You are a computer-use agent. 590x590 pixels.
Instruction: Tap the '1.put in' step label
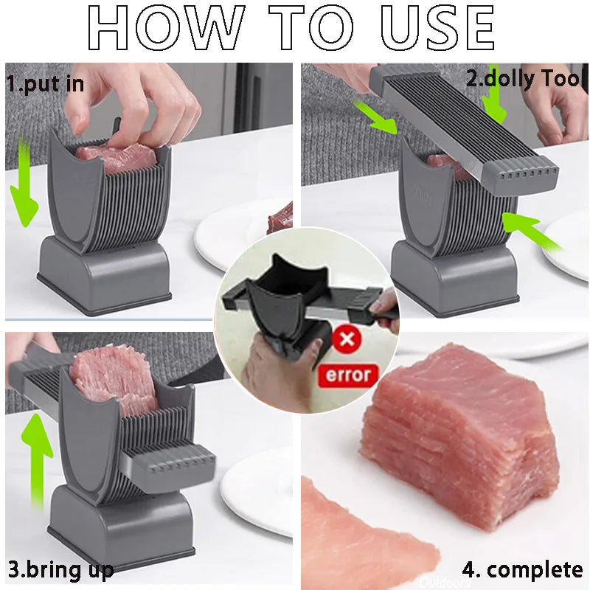click(45, 83)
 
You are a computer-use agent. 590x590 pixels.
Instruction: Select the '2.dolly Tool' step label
click(524, 78)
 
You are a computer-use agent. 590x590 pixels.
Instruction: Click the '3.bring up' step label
click(60, 569)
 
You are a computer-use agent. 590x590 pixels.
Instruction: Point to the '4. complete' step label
click(522, 569)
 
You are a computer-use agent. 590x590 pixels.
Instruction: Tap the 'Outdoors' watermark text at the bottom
click(446, 583)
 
